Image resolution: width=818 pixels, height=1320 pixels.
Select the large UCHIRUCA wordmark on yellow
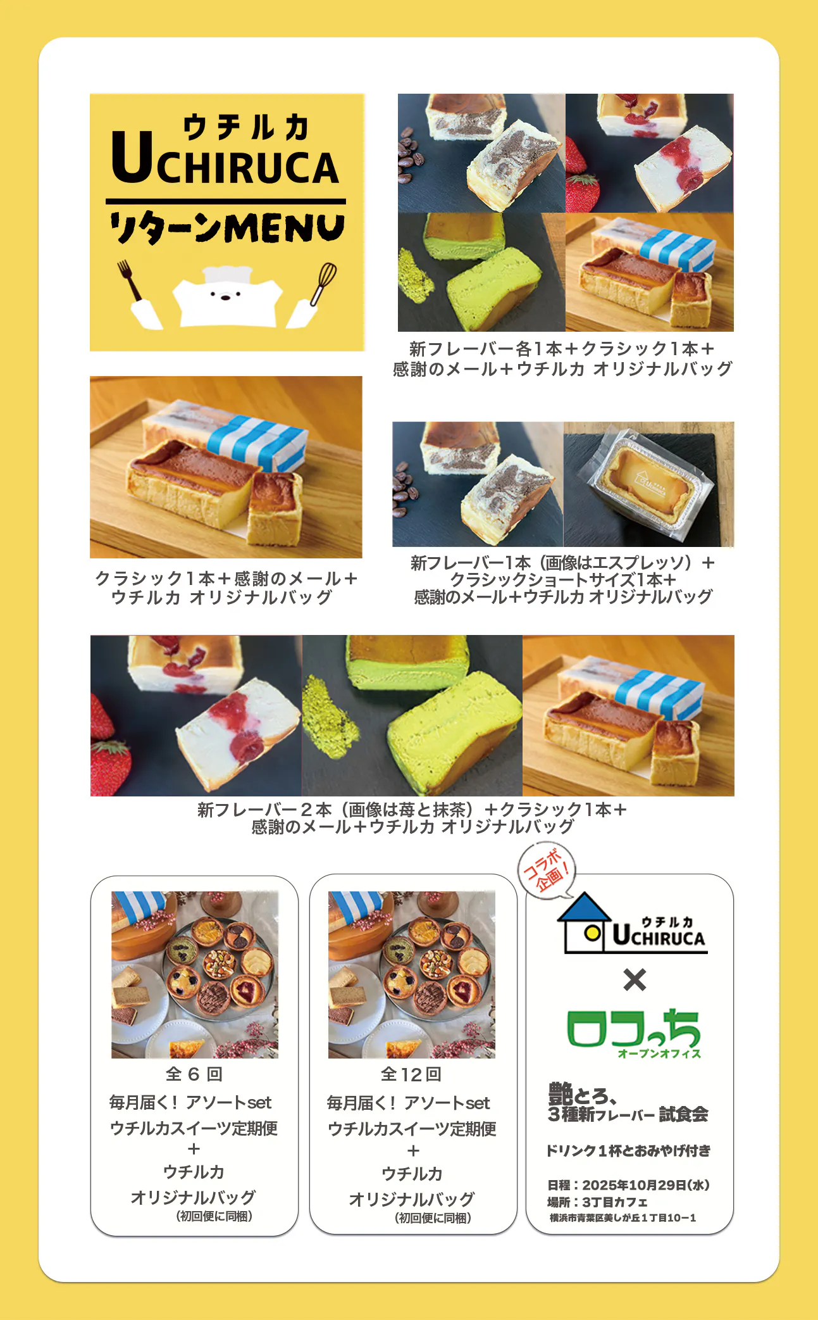point(225,158)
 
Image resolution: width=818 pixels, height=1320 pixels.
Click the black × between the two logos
point(635,980)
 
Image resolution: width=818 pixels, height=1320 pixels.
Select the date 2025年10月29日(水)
point(646,1185)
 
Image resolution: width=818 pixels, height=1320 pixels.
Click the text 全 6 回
point(194,1074)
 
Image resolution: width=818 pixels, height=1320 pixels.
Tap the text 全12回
point(411,1074)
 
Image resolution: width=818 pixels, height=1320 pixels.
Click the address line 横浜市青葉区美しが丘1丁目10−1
point(623,1217)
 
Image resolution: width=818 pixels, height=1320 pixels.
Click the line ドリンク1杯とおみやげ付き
point(628,1150)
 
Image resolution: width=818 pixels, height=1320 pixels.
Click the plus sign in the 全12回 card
point(413,1150)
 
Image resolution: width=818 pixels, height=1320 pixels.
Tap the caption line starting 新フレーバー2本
point(412,810)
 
